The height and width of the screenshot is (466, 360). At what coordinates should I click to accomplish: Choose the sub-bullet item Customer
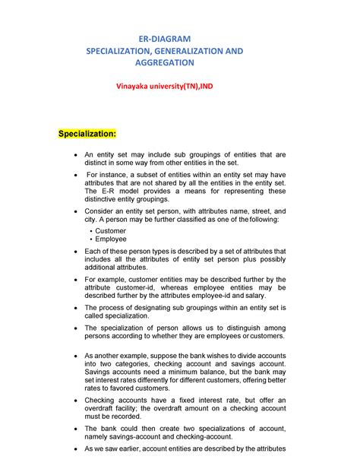[110, 230]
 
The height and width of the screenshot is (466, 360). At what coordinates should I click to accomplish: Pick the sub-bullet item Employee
[111, 239]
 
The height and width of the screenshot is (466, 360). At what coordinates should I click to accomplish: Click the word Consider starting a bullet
[100, 211]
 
